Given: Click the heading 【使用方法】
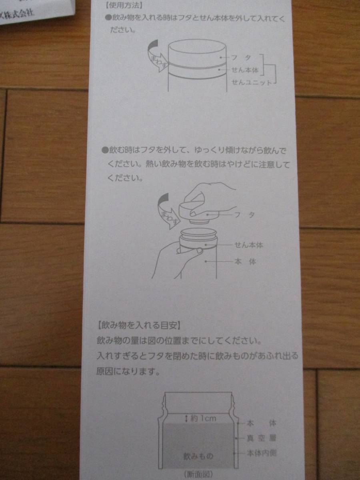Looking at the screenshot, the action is (124, 6).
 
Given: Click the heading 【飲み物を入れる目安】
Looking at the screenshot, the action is (139, 326).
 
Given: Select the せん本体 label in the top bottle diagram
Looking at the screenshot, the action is (245, 70).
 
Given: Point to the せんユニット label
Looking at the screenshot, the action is (251, 83).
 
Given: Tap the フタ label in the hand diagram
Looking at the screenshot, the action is (244, 215).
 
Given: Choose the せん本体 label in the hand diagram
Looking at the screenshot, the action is (248, 245).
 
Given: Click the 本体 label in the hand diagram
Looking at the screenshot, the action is (245, 262).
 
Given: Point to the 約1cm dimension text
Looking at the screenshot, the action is (204, 418).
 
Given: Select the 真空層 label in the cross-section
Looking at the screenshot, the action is (262, 438).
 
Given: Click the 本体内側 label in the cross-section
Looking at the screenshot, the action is (262, 453).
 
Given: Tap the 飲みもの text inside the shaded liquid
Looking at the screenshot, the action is (198, 456).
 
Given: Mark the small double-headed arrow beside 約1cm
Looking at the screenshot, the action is (186, 418).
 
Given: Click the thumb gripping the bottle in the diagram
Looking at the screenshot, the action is (190, 251).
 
